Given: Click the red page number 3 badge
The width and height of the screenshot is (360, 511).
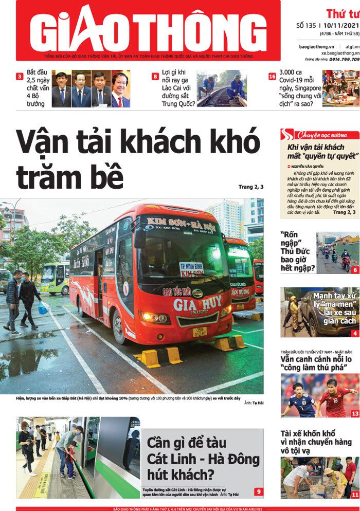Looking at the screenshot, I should point(20,77).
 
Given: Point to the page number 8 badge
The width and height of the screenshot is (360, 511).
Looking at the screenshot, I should point(155,77).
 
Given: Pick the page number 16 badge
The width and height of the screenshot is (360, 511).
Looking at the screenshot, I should point(272,77).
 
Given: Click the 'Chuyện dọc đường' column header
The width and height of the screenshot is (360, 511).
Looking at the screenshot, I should point(321,135).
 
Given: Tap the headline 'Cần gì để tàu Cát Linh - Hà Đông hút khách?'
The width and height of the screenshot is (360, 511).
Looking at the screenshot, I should point(203,458).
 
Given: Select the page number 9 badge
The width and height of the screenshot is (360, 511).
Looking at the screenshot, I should point(258,491).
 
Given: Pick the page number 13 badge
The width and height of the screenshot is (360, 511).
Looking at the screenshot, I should point(355,413).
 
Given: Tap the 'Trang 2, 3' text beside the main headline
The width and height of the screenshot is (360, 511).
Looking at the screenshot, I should point(251,187).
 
